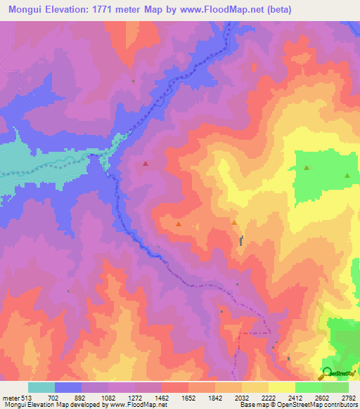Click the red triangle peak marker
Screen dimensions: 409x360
[146, 164]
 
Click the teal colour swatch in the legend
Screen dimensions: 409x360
[41, 387]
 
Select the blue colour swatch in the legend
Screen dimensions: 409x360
[68, 387]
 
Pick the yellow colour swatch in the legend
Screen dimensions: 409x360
[282, 387]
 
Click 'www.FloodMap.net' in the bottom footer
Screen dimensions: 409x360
[133, 405]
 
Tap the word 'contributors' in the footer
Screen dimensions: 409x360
[339, 405]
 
